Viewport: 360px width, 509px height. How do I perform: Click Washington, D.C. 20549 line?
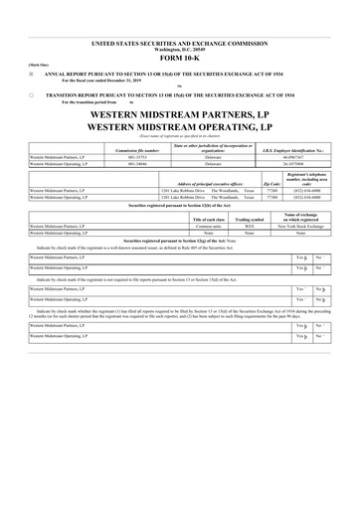point(179,50)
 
